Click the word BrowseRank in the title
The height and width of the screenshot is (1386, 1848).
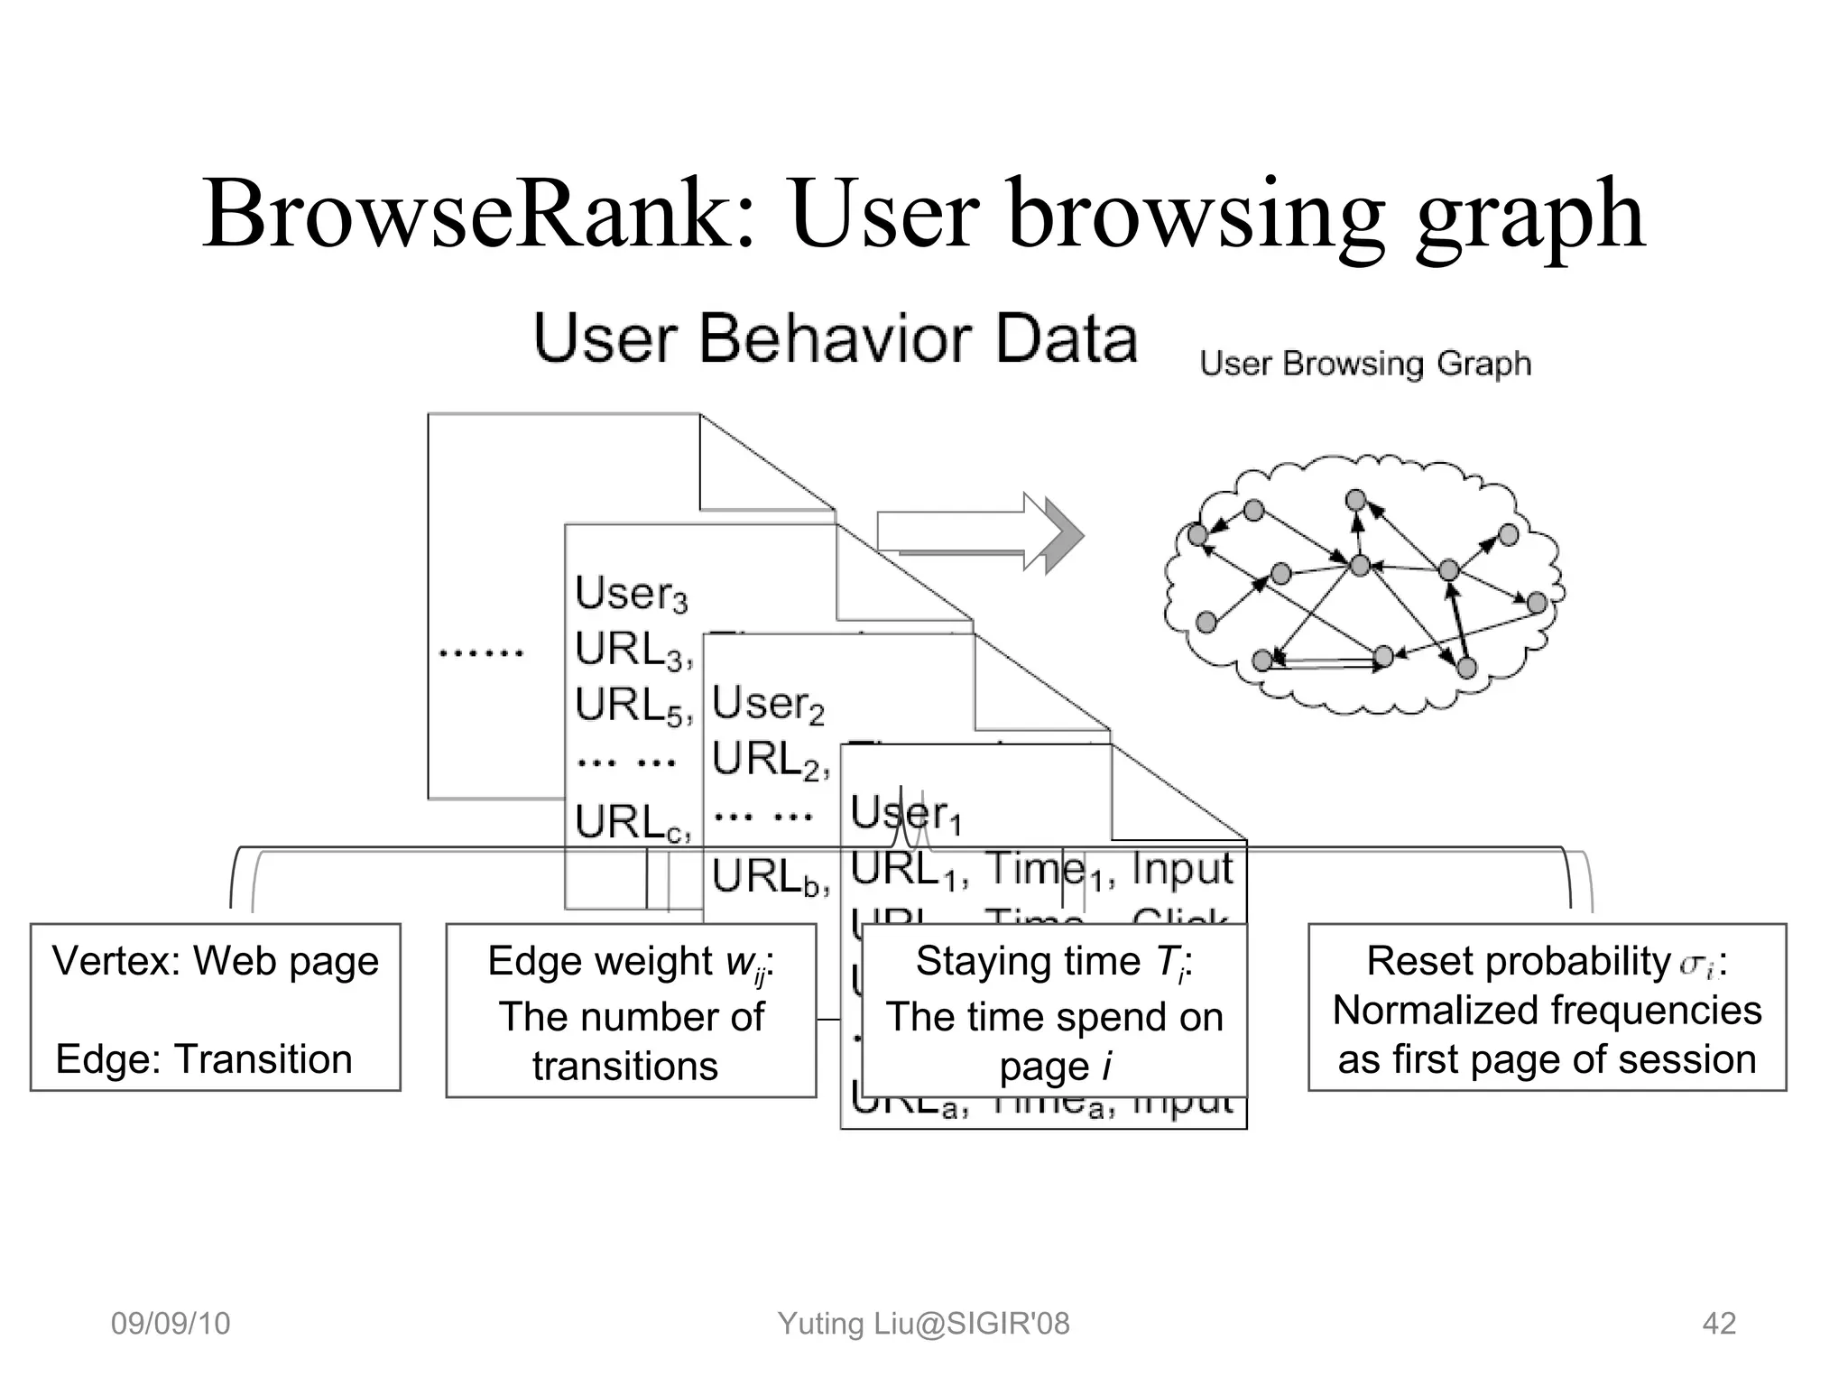[x=477, y=215]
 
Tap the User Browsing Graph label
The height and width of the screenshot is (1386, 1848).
[x=1365, y=364]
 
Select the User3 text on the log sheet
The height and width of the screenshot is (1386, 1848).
[x=631, y=594]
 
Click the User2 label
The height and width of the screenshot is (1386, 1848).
[x=768, y=704]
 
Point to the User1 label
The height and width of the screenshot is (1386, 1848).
[x=906, y=814]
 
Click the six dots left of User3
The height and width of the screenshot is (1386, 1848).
[x=481, y=652]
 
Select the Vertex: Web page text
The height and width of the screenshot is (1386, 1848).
[x=216, y=961]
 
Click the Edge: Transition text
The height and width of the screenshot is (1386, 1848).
[x=204, y=1058]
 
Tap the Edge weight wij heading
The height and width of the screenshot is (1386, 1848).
[x=631, y=962]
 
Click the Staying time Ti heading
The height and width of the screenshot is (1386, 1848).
[x=1054, y=962]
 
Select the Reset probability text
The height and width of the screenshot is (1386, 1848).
[x=1519, y=961]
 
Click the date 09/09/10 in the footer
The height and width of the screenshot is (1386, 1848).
[x=171, y=1324]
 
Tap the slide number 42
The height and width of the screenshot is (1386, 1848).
[x=1718, y=1324]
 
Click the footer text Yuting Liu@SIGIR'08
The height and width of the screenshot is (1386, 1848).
[x=923, y=1324]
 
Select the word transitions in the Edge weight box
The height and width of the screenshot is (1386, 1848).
[x=625, y=1067]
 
